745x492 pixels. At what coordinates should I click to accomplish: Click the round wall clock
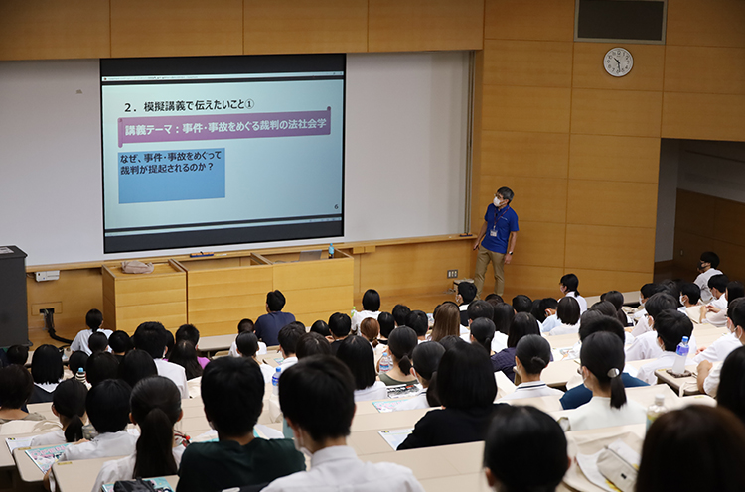(618, 61)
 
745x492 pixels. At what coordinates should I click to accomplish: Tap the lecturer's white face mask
(497, 201)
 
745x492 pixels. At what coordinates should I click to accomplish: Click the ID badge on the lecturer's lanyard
(493, 232)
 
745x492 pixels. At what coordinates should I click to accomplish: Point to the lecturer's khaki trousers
(490, 271)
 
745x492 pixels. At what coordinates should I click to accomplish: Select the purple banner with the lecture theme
(224, 127)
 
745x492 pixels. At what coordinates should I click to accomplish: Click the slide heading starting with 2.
(189, 105)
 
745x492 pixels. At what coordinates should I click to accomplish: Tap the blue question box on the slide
(172, 175)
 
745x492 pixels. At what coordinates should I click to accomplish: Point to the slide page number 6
(336, 207)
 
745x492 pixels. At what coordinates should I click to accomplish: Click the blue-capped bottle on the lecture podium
(331, 251)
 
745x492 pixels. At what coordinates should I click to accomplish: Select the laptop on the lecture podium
(309, 256)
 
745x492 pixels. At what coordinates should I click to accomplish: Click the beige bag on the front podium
(137, 267)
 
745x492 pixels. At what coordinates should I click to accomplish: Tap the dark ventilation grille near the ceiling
(621, 20)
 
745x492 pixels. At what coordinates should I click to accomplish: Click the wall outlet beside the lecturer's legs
(452, 274)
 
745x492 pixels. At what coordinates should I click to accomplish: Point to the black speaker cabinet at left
(13, 296)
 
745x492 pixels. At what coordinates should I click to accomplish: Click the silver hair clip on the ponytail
(613, 372)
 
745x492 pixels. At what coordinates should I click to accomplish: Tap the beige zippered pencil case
(618, 461)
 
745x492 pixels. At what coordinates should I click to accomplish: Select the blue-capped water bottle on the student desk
(680, 355)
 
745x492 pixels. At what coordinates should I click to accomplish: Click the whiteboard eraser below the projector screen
(202, 255)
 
